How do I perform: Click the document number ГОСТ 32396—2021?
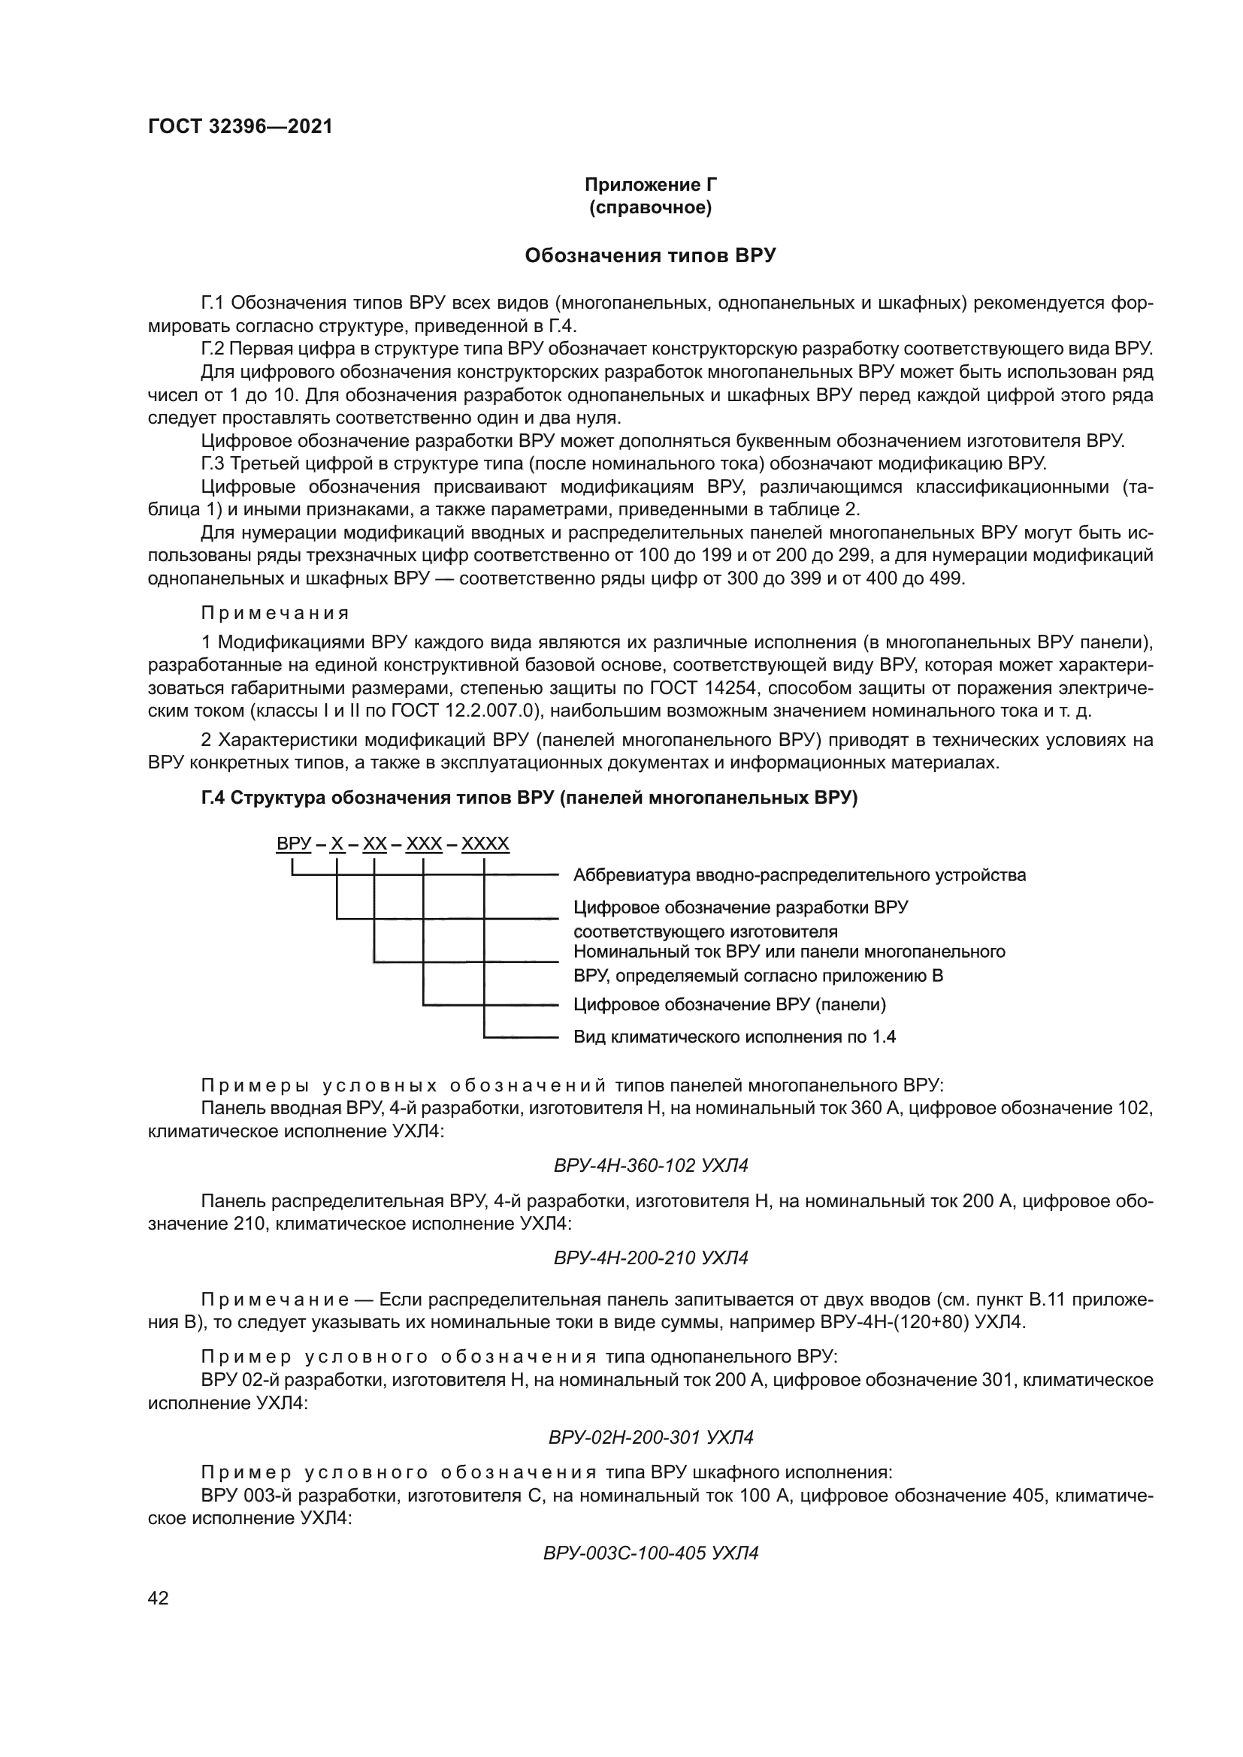click(x=240, y=127)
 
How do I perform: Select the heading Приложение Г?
click(x=651, y=185)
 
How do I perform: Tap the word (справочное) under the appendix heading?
click(x=651, y=208)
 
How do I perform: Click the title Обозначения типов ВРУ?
click(x=651, y=255)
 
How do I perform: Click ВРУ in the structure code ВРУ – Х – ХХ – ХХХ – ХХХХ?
click(x=293, y=845)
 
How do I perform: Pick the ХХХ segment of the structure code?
click(x=424, y=845)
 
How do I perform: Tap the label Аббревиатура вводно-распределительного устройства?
click(x=800, y=874)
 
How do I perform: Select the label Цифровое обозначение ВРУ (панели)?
click(x=730, y=1004)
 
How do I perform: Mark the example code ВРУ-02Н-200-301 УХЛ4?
click(x=651, y=1437)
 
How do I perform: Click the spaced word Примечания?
click(x=276, y=613)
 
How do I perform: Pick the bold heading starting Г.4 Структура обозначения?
click(x=530, y=798)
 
